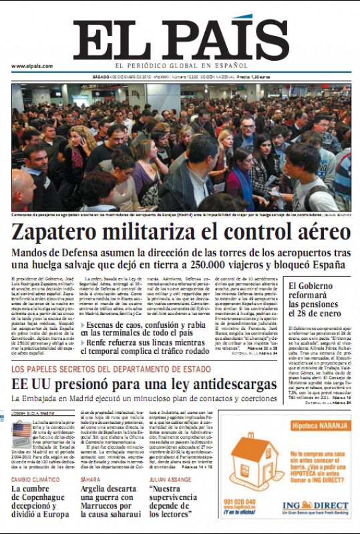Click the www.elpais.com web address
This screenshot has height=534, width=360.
point(31,65)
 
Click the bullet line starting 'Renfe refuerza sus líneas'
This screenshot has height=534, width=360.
point(150,346)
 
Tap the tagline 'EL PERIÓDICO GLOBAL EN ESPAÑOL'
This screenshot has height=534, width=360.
point(180,65)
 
